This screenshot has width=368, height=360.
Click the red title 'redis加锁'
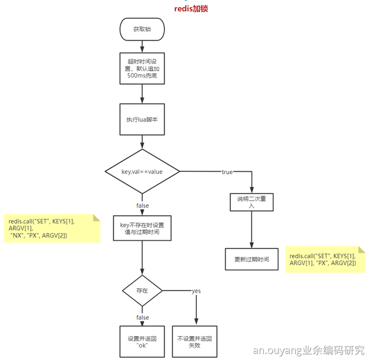pos(191,9)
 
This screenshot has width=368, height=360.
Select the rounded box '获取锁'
pos(142,29)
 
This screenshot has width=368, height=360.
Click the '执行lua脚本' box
pos(142,120)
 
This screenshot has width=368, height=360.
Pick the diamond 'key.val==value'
pos(142,172)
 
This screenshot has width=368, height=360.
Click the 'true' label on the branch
pos(227,172)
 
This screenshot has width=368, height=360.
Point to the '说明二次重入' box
pos(252,203)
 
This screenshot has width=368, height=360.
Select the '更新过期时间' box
pos(252,259)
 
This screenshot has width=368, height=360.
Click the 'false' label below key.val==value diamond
pos(142,205)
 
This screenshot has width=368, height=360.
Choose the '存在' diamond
pos(142,290)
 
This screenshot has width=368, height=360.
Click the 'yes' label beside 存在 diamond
pos(196,290)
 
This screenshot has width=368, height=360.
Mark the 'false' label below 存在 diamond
pos(142,318)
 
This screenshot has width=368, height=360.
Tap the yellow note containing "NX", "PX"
pos(52,228)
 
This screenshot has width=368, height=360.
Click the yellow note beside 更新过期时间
pos(324,259)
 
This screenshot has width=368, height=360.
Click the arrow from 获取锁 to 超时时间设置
pos(142,45)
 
